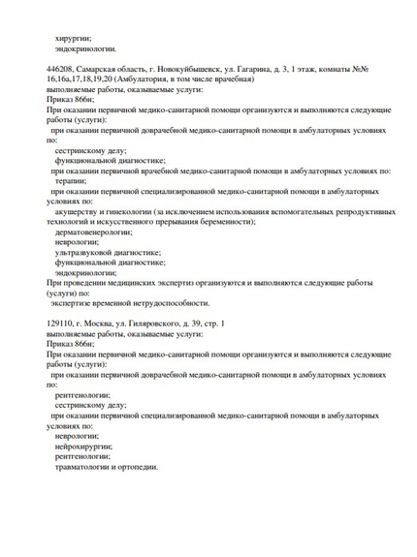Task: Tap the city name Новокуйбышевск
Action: pyautogui.click(x=194, y=73)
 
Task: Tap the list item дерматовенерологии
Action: pyautogui.click(x=92, y=232)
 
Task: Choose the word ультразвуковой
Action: pyautogui.click(x=83, y=252)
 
